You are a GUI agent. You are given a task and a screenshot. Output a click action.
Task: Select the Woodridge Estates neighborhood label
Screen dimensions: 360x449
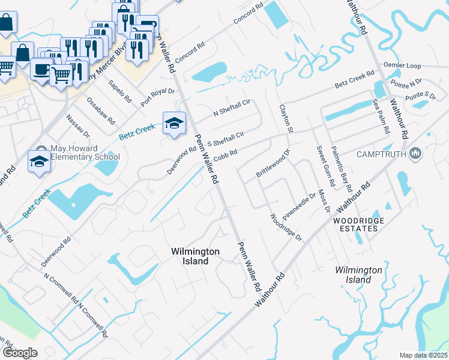tap(358, 224)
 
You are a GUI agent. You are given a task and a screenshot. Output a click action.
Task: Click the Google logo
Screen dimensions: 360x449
tap(20, 353)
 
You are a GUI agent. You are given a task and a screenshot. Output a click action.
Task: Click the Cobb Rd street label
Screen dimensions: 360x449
tap(226, 155)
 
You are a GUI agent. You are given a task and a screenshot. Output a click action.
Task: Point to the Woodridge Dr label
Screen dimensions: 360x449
tap(286, 227)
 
